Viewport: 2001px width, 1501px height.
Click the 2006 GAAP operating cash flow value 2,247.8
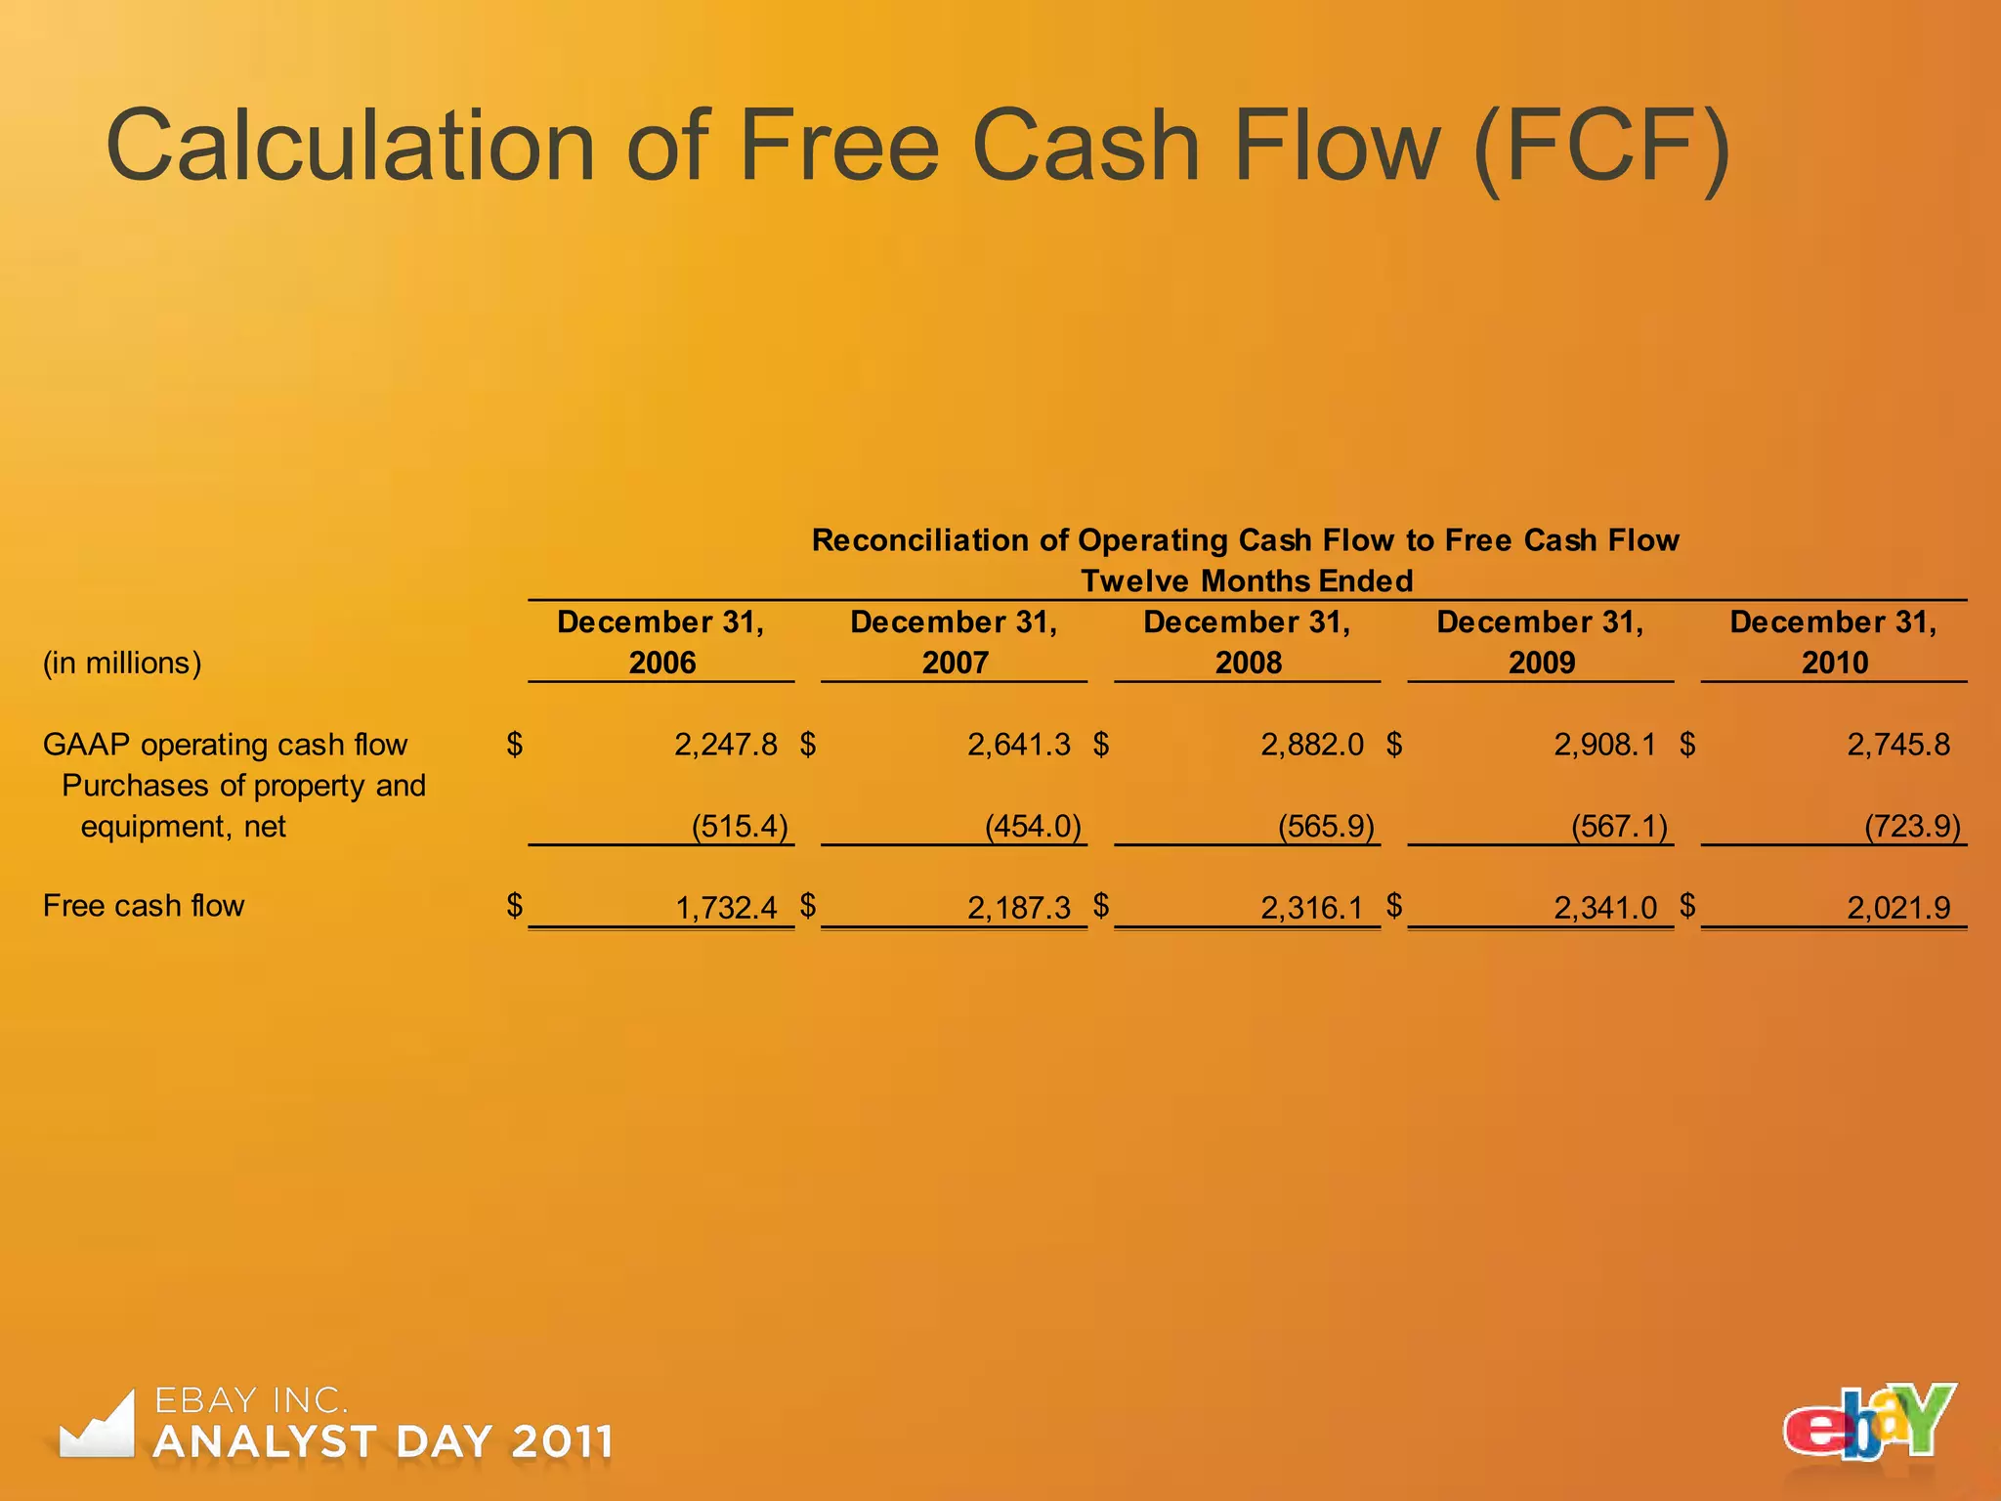tap(725, 745)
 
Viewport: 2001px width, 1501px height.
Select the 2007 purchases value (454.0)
tap(1033, 827)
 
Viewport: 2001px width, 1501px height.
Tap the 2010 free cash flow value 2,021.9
tap(1898, 908)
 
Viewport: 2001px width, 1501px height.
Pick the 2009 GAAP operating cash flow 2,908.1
tap(1605, 745)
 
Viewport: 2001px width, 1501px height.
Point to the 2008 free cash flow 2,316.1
tap(1311, 908)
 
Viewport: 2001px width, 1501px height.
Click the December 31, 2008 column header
tap(1248, 642)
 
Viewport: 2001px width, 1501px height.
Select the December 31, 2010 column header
tap(1834, 642)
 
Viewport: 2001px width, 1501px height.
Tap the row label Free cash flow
tap(144, 906)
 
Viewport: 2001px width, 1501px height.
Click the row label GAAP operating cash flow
tap(225, 745)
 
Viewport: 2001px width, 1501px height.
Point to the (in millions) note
tap(122, 663)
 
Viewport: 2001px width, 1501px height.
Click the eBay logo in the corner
tap(1869, 1423)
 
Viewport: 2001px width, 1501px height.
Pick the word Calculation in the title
tap(351, 147)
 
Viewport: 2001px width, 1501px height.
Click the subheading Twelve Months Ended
tap(1247, 581)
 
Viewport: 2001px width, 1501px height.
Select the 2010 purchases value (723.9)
tap(1912, 827)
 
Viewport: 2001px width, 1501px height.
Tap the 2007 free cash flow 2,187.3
tap(1019, 908)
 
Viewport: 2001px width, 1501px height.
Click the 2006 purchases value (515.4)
tap(740, 827)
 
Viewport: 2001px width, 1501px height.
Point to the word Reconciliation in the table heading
tap(940, 540)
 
